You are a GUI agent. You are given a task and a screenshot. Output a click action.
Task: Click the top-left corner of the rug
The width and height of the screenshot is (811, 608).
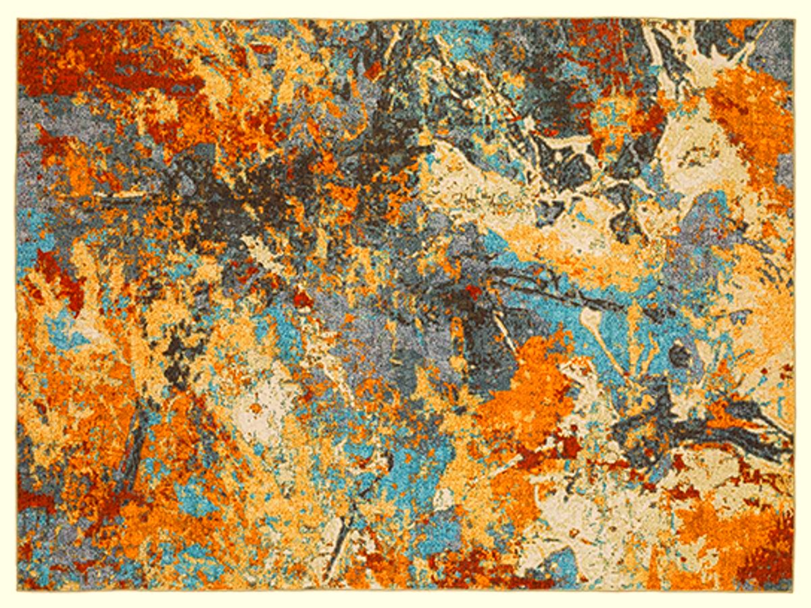18,20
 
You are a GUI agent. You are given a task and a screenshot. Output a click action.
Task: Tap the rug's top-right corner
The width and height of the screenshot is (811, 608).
793,20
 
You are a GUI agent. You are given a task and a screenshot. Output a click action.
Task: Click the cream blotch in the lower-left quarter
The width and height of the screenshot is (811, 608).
270,405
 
